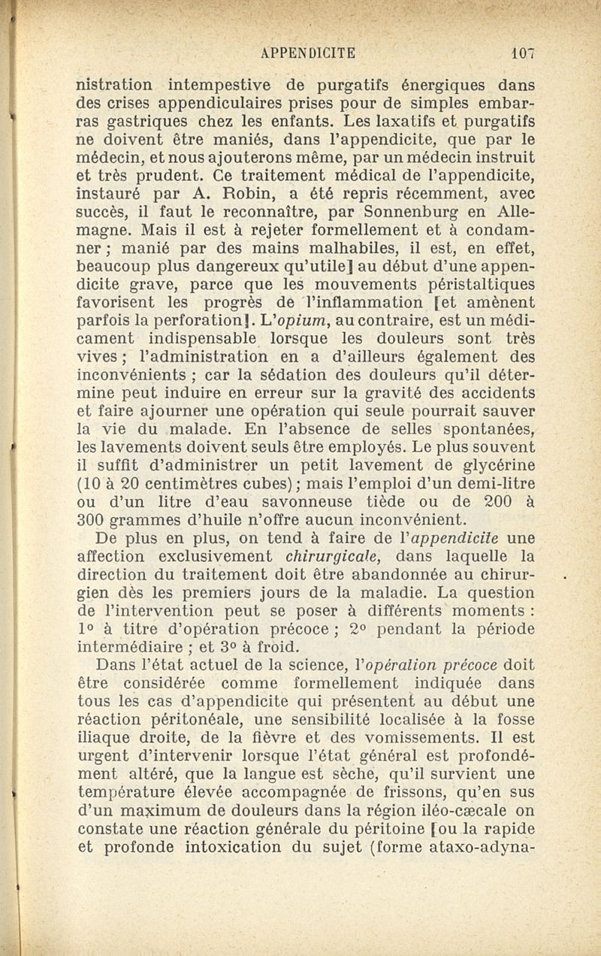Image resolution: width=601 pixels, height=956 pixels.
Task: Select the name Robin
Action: (x=226, y=195)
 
